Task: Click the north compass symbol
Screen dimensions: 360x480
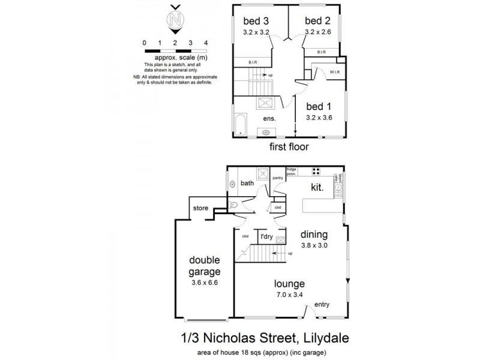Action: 175,20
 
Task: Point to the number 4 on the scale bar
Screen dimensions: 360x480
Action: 206,43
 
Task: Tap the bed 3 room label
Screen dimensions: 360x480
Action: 251,22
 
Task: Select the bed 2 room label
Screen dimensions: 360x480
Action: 316,22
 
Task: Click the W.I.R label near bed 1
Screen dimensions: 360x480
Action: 335,71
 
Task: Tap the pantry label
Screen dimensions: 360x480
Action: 277,178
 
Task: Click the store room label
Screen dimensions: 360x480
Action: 199,208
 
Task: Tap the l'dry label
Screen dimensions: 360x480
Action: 266,237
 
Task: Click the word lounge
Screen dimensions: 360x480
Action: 290,284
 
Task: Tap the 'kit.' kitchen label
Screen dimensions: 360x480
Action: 317,188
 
